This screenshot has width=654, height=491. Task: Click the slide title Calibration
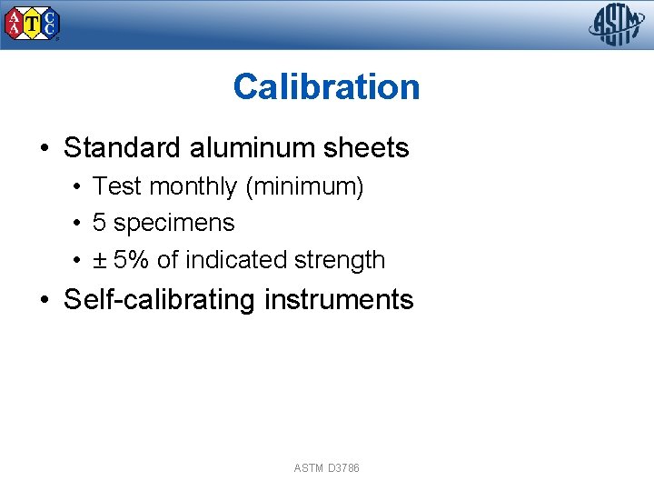tap(326, 87)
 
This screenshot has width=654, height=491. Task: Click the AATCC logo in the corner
tap(32, 24)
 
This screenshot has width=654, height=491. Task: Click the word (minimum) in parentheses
tap(304, 187)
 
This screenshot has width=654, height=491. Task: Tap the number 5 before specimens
tap(99, 223)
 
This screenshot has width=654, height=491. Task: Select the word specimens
tap(173, 224)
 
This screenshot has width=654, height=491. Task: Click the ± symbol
tap(99, 260)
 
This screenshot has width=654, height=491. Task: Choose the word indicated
tap(236, 260)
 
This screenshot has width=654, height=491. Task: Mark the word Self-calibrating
tap(159, 300)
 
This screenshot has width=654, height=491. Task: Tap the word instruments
tap(338, 300)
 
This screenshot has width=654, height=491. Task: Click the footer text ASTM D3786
tap(326, 468)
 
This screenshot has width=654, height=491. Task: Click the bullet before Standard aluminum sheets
tap(45, 149)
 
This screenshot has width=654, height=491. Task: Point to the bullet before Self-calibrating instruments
tap(45, 301)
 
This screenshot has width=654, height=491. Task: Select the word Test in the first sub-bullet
tap(117, 187)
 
